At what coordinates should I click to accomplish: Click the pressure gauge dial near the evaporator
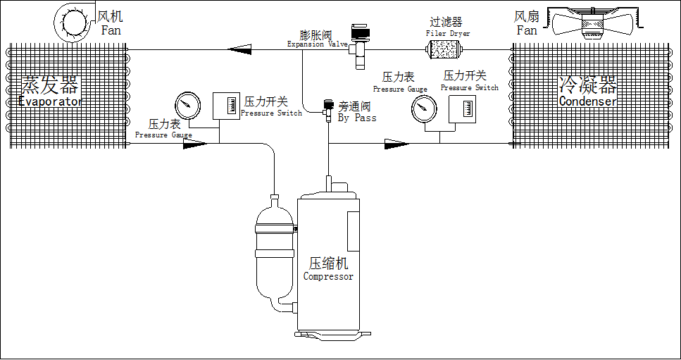coord(185,106)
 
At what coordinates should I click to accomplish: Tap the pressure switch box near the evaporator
coord(227,106)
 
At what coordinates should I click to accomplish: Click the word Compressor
coord(328,277)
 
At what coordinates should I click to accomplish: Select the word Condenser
coord(588,101)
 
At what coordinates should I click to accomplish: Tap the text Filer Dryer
coord(448,33)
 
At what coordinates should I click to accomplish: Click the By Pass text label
coord(357,118)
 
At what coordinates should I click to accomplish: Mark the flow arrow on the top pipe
coord(242,49)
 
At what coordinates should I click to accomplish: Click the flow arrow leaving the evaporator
coord(195,144)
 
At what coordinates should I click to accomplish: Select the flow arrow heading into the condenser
coord(396,144)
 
